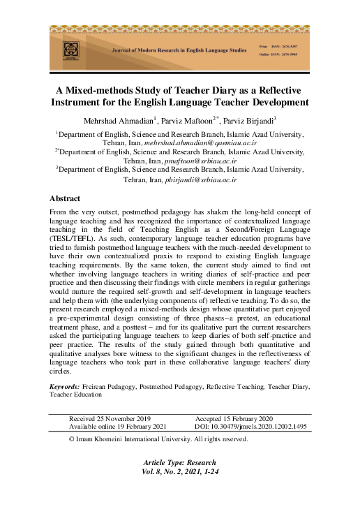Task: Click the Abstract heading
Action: [x=65, y=198]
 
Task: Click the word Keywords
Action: [x=64, y=385]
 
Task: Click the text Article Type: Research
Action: [x=180, y=463]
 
